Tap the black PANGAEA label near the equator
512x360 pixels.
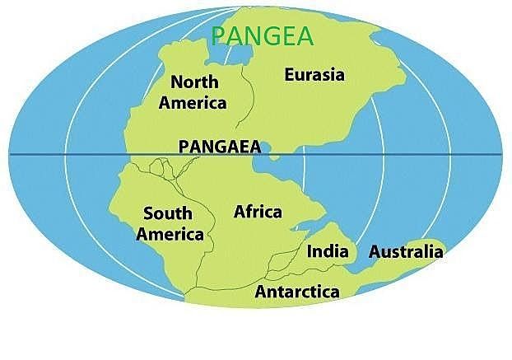219,147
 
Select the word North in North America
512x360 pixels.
194,82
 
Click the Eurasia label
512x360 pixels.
314,75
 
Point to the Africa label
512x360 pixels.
258,211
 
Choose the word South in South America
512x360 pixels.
167,214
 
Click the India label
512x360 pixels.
328,251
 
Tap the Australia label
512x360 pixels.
406,251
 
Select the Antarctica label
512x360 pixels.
297,292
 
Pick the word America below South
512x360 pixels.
170,234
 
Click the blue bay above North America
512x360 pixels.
220,51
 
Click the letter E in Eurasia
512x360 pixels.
290,75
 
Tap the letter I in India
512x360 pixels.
310,251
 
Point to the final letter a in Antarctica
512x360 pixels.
335,292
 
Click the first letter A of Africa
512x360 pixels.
240,211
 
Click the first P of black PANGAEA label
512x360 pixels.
184,147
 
